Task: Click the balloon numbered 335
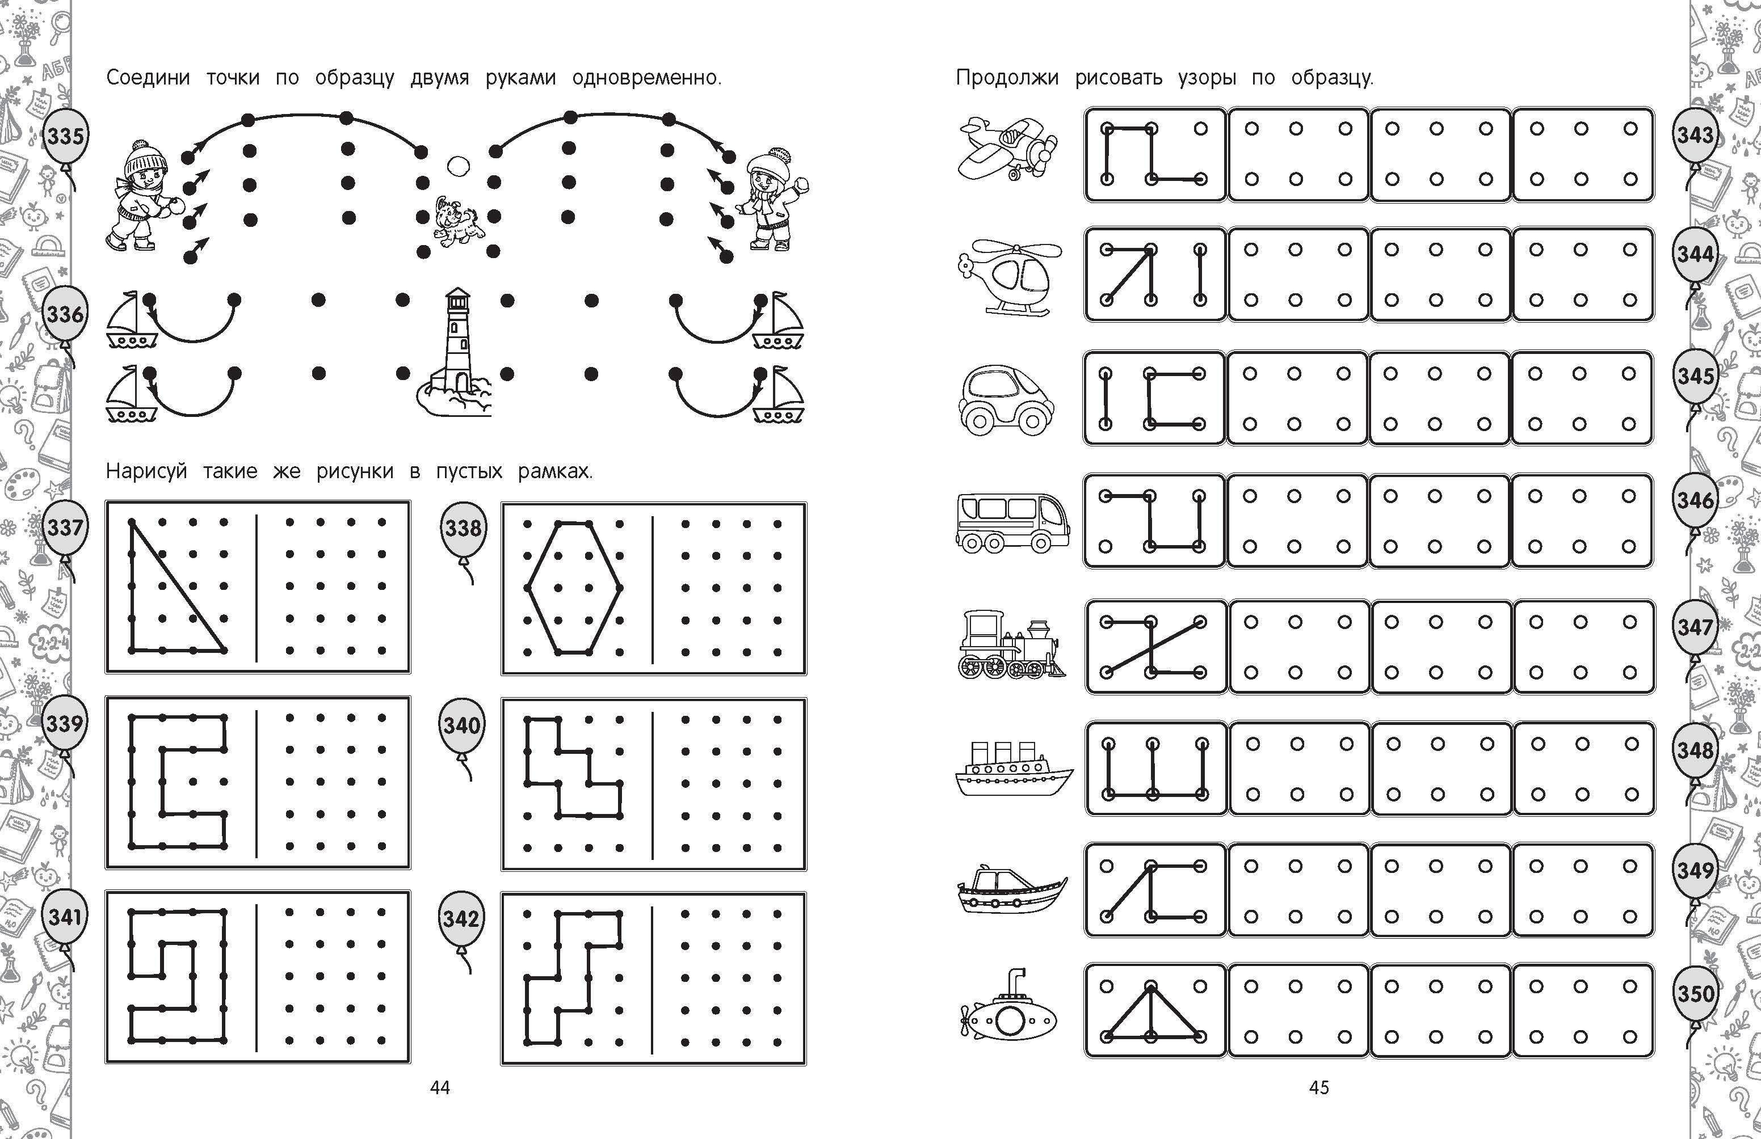pos(65,137)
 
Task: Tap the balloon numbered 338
pos(464,528)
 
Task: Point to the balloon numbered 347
pos(1695,627)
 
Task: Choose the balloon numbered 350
pos(1695,993)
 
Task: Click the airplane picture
pos(1008,148)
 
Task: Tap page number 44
pos(440,1087)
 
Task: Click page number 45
pos(1319,1087)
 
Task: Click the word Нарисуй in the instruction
pos(146,471)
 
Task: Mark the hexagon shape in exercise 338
pos(573,588)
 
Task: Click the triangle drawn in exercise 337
pos(178,587)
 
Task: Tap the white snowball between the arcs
pos(459,166)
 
